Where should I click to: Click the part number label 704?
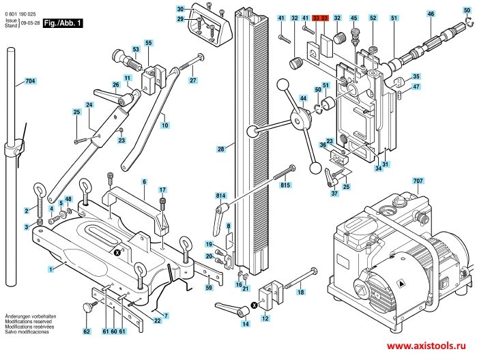click(x=29, y=81)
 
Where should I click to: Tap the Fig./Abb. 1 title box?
click(x=63, y=23)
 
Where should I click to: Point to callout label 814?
click(x=220, y=195)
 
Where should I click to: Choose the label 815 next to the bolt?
click(x=285, y=185)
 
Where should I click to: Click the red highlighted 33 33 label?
click(x=320, y=17)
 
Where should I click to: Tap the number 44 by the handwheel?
click(x=303, y=98)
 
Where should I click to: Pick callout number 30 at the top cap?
click(x=180, y=10)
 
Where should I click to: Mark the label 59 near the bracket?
click(x=209, y=288)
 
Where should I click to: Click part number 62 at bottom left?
click(x=86, y=331)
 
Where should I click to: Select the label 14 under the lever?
click(x=245, y=324)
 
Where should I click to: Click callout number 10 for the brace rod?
click(x=164, y=125)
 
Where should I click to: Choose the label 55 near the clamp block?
click(x=148, y=43)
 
